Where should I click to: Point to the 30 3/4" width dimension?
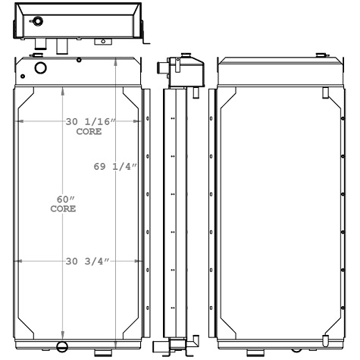[x=86, y=261]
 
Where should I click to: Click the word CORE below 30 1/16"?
[x=87, y=131]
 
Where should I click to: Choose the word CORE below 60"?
[x=63, y=209]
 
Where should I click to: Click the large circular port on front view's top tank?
[x=40, y=68]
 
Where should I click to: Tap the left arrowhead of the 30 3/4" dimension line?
[x=18, y=261]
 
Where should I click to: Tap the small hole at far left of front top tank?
[x=25, y=76]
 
